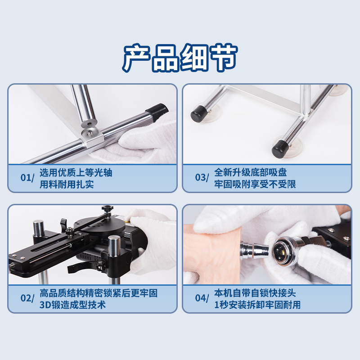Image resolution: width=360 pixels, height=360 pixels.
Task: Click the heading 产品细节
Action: click(x=180, y=58)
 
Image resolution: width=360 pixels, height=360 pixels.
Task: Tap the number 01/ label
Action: click(x=27, y=178)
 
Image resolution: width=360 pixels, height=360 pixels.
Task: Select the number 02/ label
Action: click(x=27, y=298)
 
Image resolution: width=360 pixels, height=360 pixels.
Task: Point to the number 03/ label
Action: click(x=202, y=178)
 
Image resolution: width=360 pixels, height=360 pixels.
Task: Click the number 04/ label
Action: click(x=202, y=298)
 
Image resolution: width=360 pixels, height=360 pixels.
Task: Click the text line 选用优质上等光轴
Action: click(x=76, y=172)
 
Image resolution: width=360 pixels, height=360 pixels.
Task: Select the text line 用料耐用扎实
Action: click(x=67, y=184)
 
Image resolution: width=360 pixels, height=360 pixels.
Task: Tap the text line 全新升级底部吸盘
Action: click(x=251, y=172)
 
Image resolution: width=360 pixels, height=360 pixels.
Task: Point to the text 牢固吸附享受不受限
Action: click(x=255, y=184)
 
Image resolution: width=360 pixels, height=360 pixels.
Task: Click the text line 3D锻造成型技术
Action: click(x=72, y=305)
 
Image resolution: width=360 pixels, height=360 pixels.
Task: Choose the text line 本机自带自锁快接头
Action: click(x=255, y=293)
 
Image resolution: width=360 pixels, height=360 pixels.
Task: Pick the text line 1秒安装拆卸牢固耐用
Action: click(x=257, y=305)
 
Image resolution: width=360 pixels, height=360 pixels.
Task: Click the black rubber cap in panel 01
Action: click(x=157, y=112)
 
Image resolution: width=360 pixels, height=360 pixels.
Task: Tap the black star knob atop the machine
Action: click(x=108, y=209)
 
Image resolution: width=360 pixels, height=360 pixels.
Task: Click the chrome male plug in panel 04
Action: click(x=254, y=250)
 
